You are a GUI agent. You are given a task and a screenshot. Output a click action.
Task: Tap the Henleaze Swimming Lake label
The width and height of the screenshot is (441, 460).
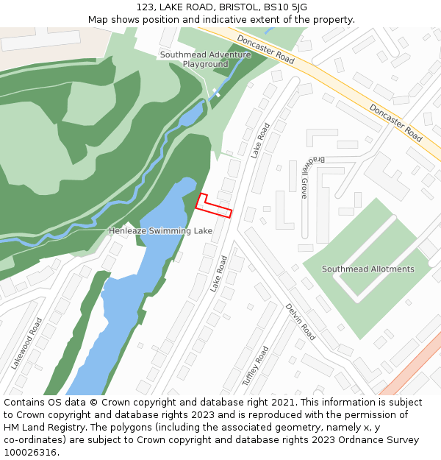tap(160, 231)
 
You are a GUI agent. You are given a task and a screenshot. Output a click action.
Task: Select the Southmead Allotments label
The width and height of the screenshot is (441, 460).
tap(367, 269)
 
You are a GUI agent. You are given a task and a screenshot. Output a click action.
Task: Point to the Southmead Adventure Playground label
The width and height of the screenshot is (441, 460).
tap(195, 60)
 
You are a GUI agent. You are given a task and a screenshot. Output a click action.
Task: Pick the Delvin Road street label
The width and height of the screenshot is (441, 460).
tap(300, 322)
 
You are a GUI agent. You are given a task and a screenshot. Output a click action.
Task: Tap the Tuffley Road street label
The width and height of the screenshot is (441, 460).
tap(256, 367)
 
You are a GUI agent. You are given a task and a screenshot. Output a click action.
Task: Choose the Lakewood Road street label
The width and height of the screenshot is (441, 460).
tap(26, 343)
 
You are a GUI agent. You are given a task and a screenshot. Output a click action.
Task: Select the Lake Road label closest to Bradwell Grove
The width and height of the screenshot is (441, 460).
tap(260, 141)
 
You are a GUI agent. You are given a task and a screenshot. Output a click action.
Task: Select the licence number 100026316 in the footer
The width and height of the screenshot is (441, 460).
tap(29, 453)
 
